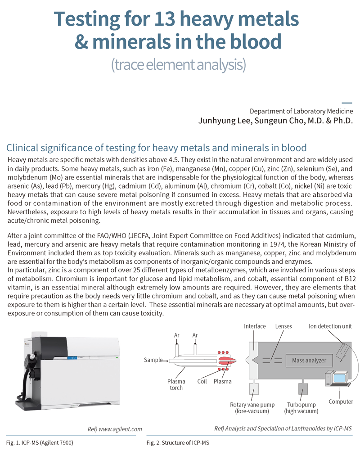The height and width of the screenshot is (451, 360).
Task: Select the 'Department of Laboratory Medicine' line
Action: click(301, 111)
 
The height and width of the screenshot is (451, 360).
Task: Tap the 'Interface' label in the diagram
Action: click(255, 326)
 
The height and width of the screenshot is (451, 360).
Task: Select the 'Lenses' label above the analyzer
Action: click(284, 326)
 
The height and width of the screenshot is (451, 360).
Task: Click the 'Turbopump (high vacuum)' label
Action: click(301, 408)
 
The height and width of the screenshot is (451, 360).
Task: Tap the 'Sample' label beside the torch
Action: click(153, 360)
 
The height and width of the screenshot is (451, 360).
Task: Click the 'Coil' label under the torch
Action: click(202, 382)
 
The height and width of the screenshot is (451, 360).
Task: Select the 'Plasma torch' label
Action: click(176, 385)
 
